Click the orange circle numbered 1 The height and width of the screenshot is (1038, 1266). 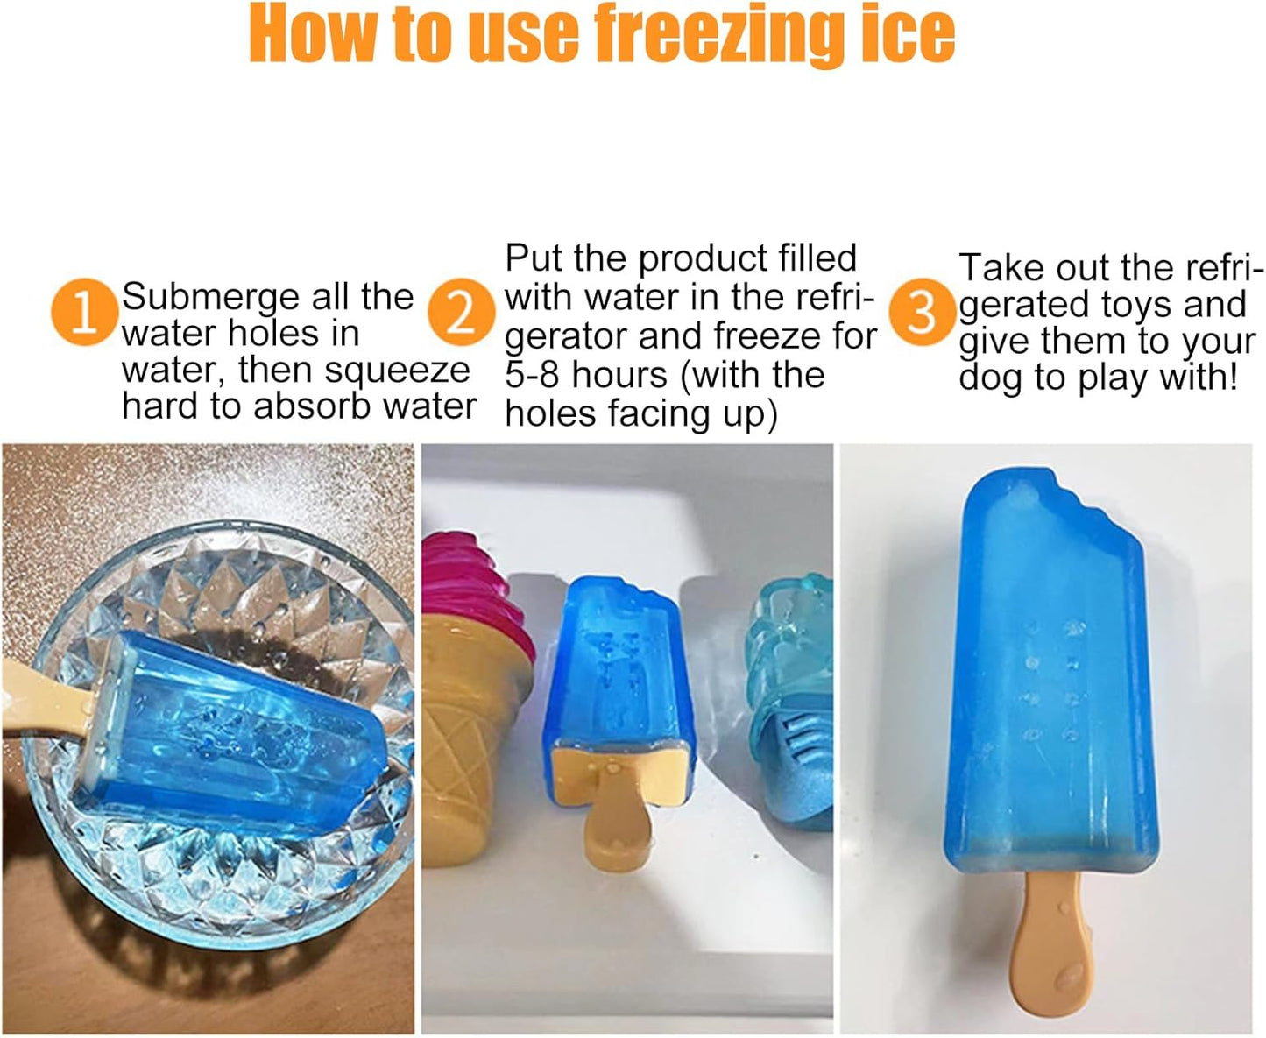click(84, 313)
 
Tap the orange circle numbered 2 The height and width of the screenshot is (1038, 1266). click(461, 313)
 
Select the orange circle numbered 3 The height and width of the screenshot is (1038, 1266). click(921, 313)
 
